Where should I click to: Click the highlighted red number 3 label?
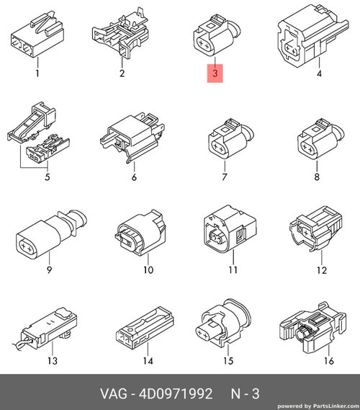point(215,73)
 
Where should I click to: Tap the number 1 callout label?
point(37,73)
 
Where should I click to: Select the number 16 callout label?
point(329,361)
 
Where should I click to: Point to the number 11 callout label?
point(233,269)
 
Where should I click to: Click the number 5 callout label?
point(48,177)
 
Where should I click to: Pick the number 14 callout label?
point(148,361)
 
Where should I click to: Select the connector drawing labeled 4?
point(312,36)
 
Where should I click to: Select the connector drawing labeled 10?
point(140,232)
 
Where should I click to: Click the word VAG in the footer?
point(114,393)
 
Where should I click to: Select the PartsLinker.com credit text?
point(318,406)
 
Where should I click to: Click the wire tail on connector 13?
point(22,342)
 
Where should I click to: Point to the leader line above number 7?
point(225,166)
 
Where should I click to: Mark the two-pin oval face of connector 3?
point(204,46)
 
